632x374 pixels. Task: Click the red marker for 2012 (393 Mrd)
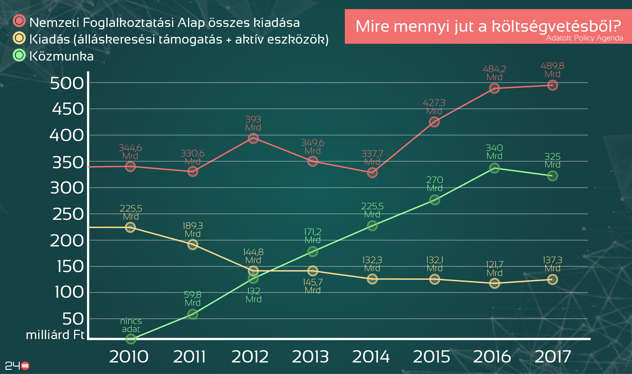pyautogui.click(x=253, y=138)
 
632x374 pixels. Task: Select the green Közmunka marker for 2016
pyautogui.click(x=494, y=168)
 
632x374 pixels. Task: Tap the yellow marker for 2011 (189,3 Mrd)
pyautogui.click(x=192, y=245)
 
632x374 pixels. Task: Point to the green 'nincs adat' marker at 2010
pyautogui.click(x=131, y=338)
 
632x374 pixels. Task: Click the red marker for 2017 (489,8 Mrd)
pyautogui.click(x=552, y=85)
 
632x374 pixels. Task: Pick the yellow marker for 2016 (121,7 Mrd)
pyautogui.click(x=494, y=283)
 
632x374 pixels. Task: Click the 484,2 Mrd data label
pyautogui.click(x=494, y=73)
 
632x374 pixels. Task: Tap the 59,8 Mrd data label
pyautogui.click(x=192, y=298)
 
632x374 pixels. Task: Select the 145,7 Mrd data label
pyautogui.click(x=312, y=286)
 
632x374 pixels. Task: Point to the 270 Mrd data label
pyautogui.click(x=434, y=184)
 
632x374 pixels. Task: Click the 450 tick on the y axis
pyautogui.click(x=68, y=109)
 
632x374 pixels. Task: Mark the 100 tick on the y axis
pyautogui.click(x=69, y=292)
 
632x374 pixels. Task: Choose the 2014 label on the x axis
pyautogui.click(x=371, y=357)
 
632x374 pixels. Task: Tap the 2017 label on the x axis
pyautogui.click(x=553, y=357)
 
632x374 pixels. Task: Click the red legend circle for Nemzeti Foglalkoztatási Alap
pyautogui.click(x=19, y=21)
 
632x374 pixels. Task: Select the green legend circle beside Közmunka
pyautogui.click(x=19, y=55)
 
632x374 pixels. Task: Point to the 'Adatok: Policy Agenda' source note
pyautogui.click(x=584, y=38)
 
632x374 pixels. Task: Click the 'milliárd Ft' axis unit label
pyautogui.click(x=55, y=335)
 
